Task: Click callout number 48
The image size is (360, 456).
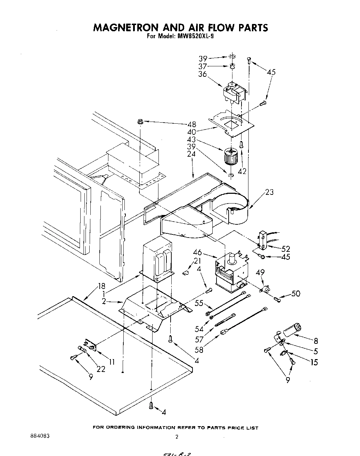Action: [191, 124]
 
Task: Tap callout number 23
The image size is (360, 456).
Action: [269, 192]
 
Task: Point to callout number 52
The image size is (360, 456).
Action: [286, 249]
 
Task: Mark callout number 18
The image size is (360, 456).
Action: [101, 287]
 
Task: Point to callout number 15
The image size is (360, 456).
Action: [314, 362]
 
